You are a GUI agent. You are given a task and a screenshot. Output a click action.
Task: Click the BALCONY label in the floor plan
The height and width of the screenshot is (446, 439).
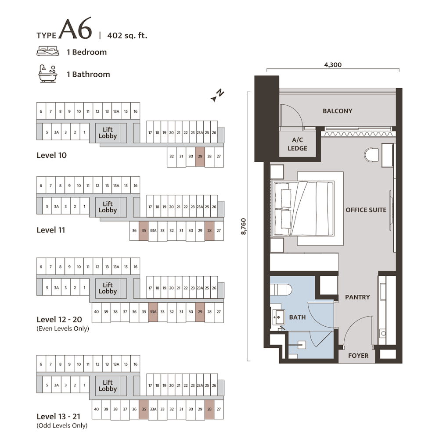point(337,111)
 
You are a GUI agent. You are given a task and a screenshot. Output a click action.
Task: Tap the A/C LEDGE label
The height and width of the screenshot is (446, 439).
point(297,144)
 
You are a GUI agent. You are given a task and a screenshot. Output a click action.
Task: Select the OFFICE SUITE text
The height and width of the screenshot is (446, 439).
point(366,210)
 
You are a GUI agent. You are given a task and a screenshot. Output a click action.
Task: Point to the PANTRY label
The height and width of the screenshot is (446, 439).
point(357,297)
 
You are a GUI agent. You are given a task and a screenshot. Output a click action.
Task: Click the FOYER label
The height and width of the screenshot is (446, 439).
point(358,356)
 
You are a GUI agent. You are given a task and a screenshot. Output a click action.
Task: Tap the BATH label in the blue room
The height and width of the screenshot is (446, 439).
point(297,317)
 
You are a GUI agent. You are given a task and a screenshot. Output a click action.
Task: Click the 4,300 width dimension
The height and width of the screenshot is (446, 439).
point(333,65)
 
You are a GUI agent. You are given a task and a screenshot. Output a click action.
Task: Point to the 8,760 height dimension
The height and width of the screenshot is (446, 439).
point(243,226)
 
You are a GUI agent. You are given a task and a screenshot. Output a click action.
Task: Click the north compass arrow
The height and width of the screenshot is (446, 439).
point(217,95)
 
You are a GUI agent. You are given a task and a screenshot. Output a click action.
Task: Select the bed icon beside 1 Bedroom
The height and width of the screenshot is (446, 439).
point(48,51)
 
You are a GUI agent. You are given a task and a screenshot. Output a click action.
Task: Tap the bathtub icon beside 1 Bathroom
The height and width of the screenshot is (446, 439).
point(48,74)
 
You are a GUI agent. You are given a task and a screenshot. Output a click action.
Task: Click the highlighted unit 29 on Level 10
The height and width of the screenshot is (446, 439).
point(200,157)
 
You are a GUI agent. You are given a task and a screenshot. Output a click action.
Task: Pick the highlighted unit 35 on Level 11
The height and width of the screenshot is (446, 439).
point(144,231)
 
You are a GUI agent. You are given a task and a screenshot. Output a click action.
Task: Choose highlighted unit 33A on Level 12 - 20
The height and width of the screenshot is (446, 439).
point(153,312)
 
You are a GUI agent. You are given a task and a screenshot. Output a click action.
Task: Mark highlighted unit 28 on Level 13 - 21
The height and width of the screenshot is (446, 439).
point(209,409)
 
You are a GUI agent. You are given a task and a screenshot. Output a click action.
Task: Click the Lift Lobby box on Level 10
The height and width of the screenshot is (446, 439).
point(108,132)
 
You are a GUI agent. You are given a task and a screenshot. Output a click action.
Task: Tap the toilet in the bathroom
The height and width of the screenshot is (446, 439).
point(281,290)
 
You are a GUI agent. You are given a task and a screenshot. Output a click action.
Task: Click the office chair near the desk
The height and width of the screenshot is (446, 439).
point(371,155)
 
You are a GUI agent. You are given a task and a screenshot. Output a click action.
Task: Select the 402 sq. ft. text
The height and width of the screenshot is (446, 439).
point(127,36)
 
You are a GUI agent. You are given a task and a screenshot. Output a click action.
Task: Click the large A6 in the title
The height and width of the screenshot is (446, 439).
point(76,29)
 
